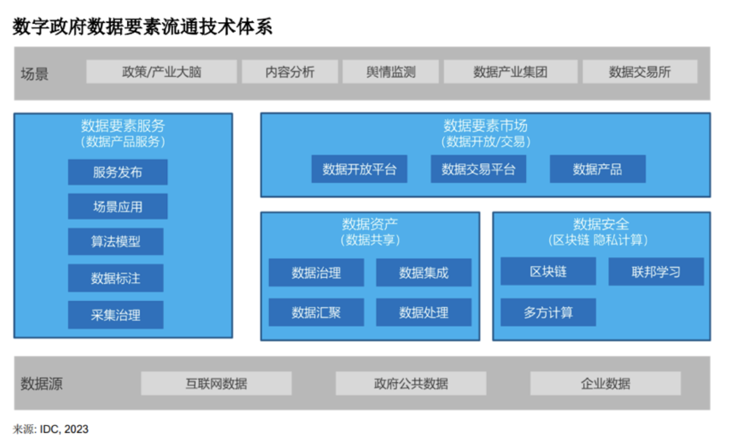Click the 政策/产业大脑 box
161,71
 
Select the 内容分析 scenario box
290,71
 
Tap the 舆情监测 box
391,71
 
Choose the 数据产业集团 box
510,71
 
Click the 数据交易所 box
640,71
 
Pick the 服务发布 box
118,172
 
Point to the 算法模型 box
116,241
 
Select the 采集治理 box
116,315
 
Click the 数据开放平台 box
359,169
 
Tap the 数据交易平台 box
478,169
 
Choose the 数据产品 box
598,169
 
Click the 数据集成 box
424,272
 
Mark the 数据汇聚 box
316,313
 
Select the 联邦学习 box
656,271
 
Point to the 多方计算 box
548,313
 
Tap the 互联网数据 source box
216,383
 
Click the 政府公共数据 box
411,383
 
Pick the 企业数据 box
606,383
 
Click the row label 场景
35,73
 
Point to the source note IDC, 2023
64,429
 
